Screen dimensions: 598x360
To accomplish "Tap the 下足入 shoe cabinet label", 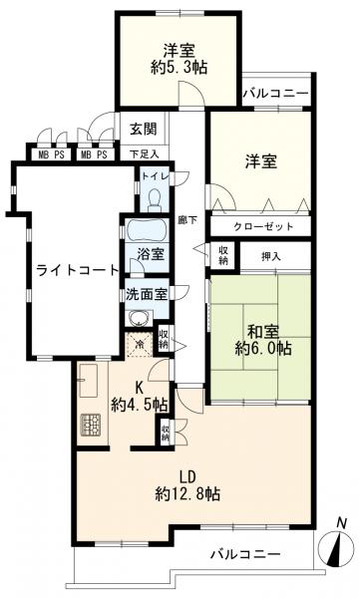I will pyautogui.click(x=145, y=154).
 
